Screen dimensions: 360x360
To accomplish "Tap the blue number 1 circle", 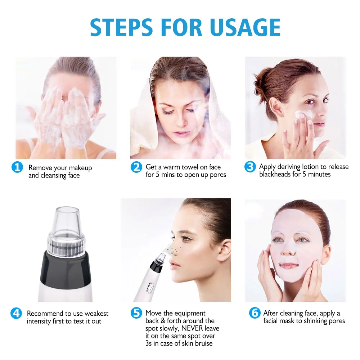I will pyautogui.click(x=17, y=168).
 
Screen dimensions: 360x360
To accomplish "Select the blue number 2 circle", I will pyautogui.click(x=136, y=167).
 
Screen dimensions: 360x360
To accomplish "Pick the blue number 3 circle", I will pyautogui.click(x=250, y=167).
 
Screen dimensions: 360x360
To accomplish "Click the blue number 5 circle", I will pyautogui.click(x=136, y=313).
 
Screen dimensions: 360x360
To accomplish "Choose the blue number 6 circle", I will pyautogui.click(x=255, y=313).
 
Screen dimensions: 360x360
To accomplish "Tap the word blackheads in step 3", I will pyautogui.click(x=275, y=175).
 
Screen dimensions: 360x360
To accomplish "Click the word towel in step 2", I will pyautogui.click(x=195, y=167).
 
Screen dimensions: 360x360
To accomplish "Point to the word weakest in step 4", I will pyautogui.click(x=96, y=314).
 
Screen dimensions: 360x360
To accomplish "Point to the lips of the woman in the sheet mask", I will pyautogui.click(x=289, y=266).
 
